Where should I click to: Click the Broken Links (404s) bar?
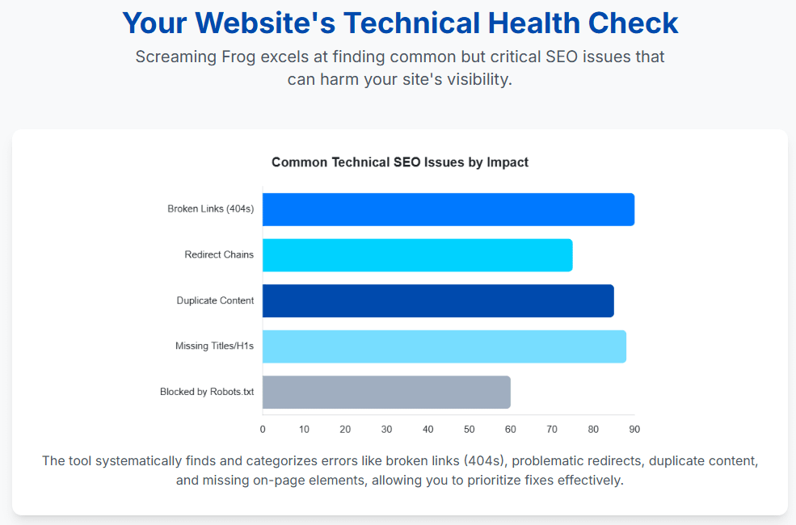pyautogui.click(x=448, y=209)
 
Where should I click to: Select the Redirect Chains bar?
pyautogui.click(x=417, y=255)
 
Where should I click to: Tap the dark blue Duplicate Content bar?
pyautogui.click(x=438, y=300)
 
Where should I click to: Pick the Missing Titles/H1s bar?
pyautogui.click(x=444, y=346)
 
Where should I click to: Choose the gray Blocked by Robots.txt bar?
pyautogui.click(x=386, y=392)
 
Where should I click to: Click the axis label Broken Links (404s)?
pyautogui.click(x=210, y=209)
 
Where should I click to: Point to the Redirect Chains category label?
pyautogui.click(x=219, y=255)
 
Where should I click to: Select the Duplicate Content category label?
pyautogui.click(x=215, y=300)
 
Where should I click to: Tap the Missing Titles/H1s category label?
pyautogui.click(x=214, y=346)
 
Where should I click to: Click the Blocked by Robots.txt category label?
pyautogui.click(x=207, y=392)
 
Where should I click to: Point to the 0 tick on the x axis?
pyautogui.click(x=263, y=429)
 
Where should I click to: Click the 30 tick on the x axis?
pyautogui.click(x=386, y=429)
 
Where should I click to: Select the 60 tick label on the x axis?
pyautogui.click(x=510, y=429)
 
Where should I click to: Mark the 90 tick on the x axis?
pyautogui.click(x=634, y=429)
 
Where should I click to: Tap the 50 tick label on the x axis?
pyautogui.click(x=469, y=429)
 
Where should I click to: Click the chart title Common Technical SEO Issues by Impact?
pyautogui.click(x=400, y=162)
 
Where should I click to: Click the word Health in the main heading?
pyautogui.click(x=533, y=23)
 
